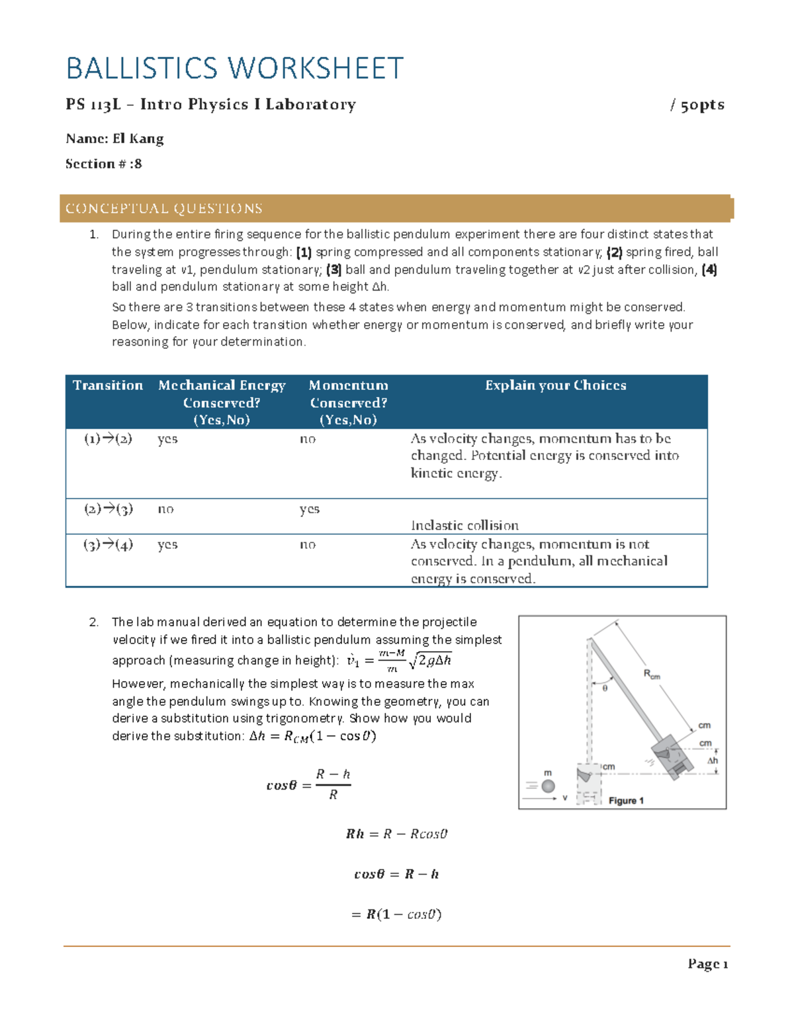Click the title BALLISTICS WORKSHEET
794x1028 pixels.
[234, 68]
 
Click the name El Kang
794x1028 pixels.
[138, 138]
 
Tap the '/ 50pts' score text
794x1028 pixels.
[697, 105]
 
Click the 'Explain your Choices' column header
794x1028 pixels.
[555, 385]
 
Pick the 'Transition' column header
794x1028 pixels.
[108, 385]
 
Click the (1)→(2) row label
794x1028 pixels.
[108, 439]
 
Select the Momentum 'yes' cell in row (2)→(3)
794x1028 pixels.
[309, 509]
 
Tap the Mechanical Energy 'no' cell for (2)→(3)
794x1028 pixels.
[165, 509]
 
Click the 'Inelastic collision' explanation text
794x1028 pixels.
[464, 526]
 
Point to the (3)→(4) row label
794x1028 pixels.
[108, 545]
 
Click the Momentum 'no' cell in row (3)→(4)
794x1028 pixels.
[308, 545]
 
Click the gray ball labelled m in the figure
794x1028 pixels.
[548, 786]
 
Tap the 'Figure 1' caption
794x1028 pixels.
[626, 801]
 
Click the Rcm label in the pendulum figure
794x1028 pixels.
[652, 675]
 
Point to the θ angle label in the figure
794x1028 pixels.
[605, 688]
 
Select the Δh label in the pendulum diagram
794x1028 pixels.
[712, 761]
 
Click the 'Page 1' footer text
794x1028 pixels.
[707, 964]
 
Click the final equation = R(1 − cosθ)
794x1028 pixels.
[396, 914]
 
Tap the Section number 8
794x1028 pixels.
[137, 164]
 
